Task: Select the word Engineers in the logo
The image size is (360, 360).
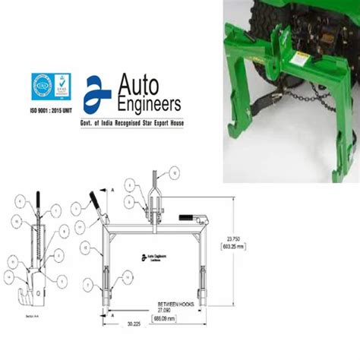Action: [149, 102]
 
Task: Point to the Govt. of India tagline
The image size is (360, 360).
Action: [135, 122]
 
